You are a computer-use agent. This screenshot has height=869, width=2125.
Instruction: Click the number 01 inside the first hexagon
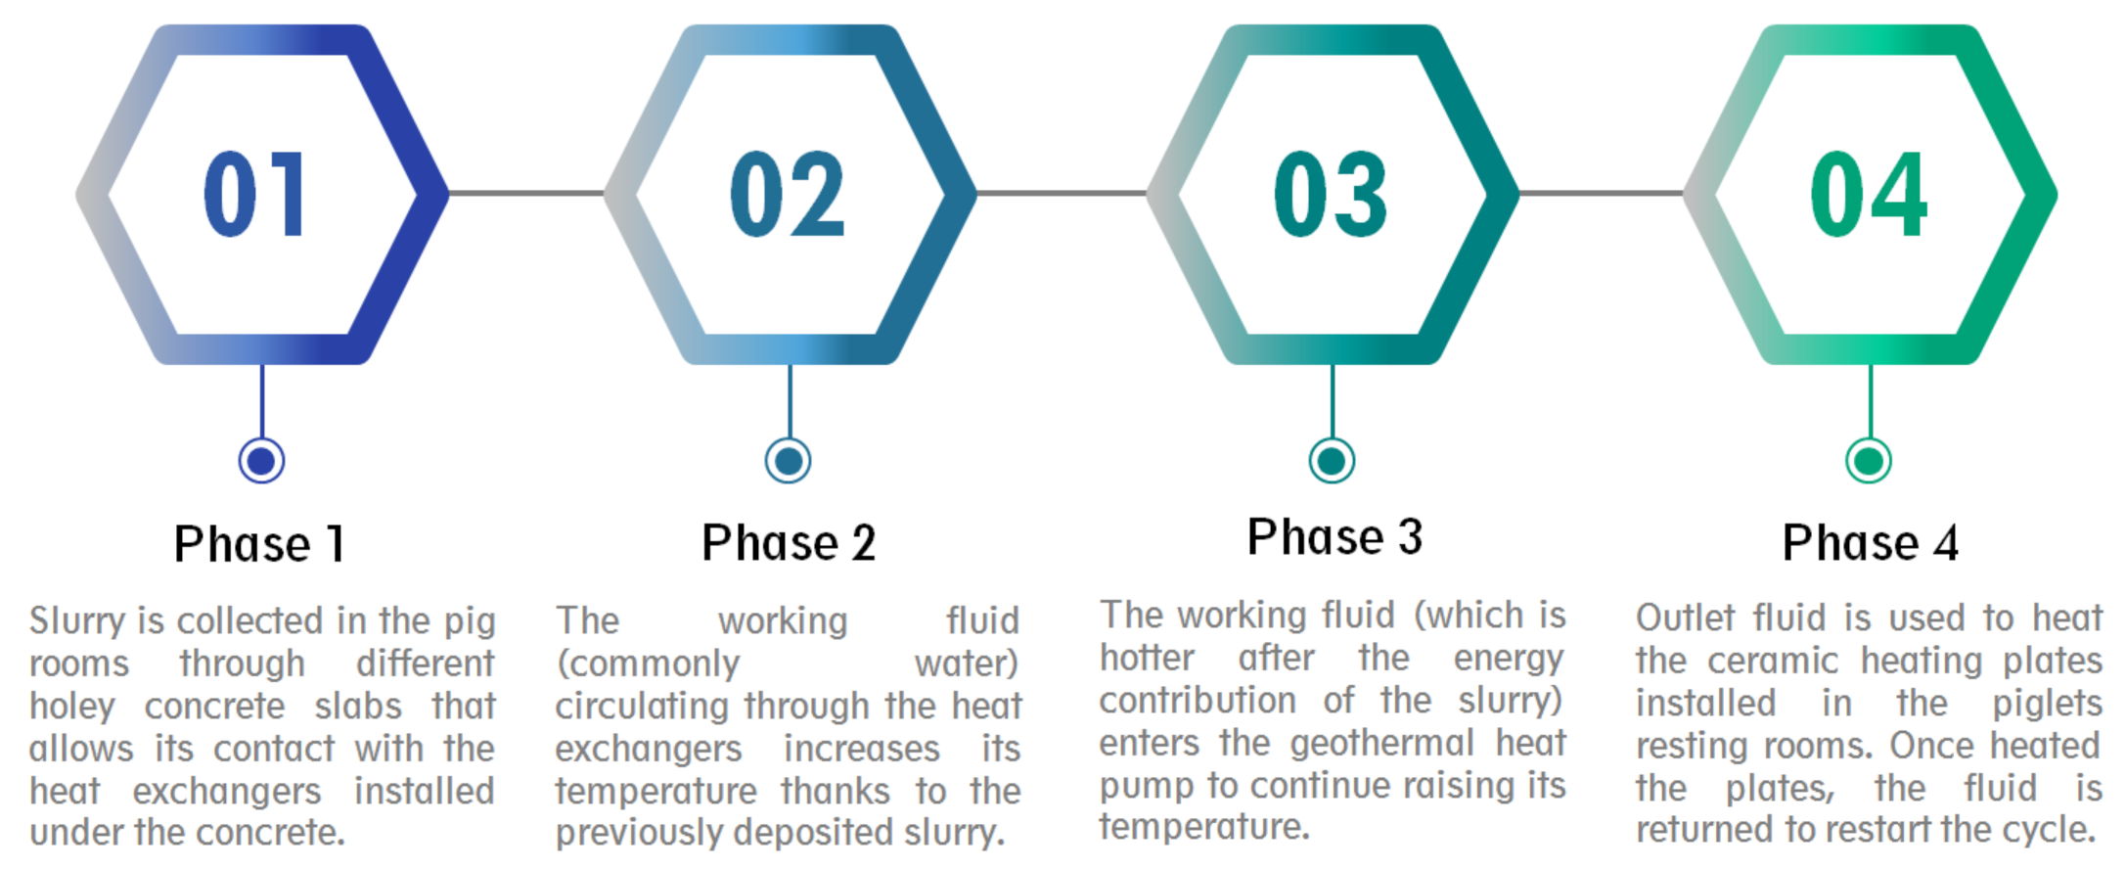click(256, 195)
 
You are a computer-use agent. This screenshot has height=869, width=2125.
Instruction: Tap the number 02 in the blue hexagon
click(788, 195)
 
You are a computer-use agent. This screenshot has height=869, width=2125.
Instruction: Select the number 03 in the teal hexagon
click(1331, 195)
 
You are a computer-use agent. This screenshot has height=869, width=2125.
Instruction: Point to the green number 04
click(1869, 195)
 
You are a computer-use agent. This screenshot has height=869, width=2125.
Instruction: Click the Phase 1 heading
click(259, 544)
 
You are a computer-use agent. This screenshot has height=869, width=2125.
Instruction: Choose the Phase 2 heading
click(789, 543)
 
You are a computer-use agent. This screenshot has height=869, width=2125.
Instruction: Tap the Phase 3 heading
click(1334, 537)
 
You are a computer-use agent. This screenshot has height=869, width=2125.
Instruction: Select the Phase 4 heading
click(1870, 543)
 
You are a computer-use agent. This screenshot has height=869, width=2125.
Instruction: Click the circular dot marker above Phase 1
click(261, 460)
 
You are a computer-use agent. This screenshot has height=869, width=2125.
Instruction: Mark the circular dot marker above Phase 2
click(789, 460)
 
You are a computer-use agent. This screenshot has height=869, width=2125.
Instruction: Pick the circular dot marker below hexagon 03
click(1332, 460)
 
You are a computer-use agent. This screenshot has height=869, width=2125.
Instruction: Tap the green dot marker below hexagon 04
click(1869, 460)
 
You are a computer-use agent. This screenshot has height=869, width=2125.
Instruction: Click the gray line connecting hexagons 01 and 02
click(526, 193)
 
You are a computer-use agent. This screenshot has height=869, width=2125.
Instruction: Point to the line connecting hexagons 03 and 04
click(1601, 193)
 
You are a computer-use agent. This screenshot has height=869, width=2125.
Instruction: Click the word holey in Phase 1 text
click(72, 707)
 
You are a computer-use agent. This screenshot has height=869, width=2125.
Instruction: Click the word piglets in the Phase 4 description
click(2047, 705)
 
